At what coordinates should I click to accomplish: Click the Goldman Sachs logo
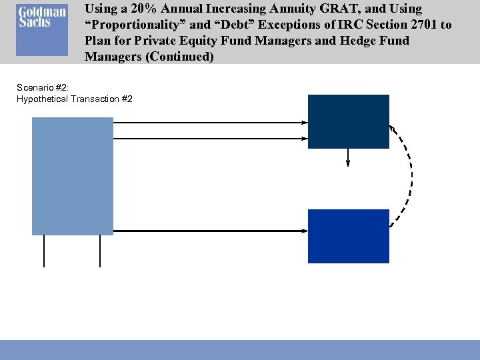(x=42, y=31)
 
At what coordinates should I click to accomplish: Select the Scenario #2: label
(x=43, y=87)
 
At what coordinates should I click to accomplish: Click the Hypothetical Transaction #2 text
(x=74, y=99)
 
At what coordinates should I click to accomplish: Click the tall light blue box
(x=73, y=176)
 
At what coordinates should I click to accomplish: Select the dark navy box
(x=348, y=121)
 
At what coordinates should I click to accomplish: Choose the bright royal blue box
(x=348, y=236)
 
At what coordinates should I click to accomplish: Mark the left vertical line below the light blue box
(x=44, y=251)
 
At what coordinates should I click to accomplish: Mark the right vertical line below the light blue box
(x=100, y=251)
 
